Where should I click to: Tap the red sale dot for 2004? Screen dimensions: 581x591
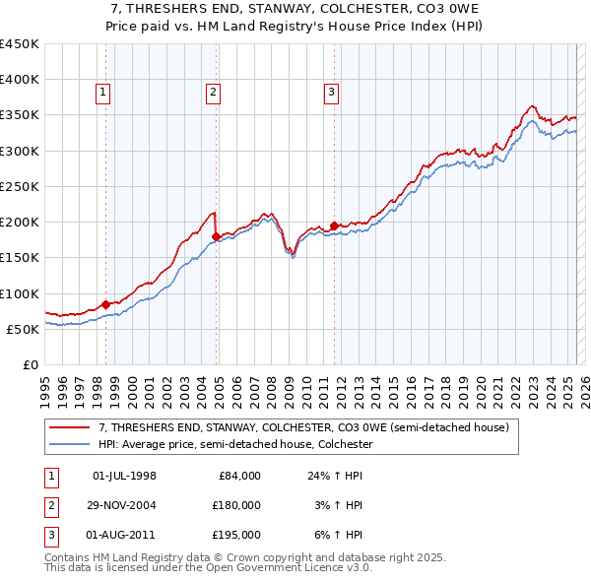point(217,236)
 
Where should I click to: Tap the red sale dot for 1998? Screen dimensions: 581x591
point(105,304)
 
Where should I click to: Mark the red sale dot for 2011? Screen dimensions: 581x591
point(335,226)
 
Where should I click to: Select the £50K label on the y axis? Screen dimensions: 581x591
point(22,329)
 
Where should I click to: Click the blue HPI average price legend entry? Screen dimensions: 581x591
point(235,445)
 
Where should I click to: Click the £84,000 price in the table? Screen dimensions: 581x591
point(239,476)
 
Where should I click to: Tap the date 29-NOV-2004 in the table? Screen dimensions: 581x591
point(124,505)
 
